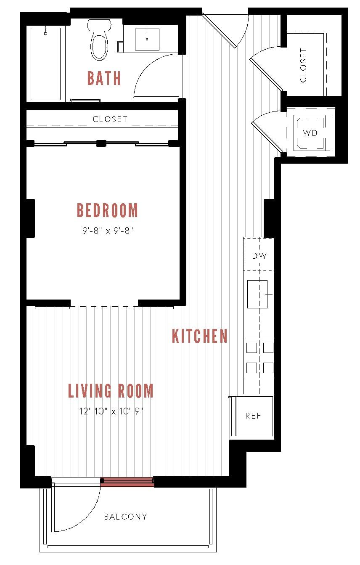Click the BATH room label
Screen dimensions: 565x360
pos(104,78)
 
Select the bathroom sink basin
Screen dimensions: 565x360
pos(147,39)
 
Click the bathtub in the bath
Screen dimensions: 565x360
pos(46,64)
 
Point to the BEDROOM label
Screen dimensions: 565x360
pos(107,210)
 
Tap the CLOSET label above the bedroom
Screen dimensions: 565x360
pos(110,119)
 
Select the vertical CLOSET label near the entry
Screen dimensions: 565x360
pos(303,65)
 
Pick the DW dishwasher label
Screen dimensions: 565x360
pos(259,255)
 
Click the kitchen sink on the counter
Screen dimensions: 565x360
pos(257,294)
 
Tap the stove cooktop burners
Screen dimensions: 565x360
pos(259,358)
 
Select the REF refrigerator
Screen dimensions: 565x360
pos(253,416)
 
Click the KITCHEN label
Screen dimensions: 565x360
pos(200,336)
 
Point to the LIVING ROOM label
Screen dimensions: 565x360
pos(111,391)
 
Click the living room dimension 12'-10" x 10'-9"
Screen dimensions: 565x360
pos(111,411)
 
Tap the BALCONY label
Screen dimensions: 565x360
pos(125,517)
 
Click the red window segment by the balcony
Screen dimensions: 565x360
pos(127,482)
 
